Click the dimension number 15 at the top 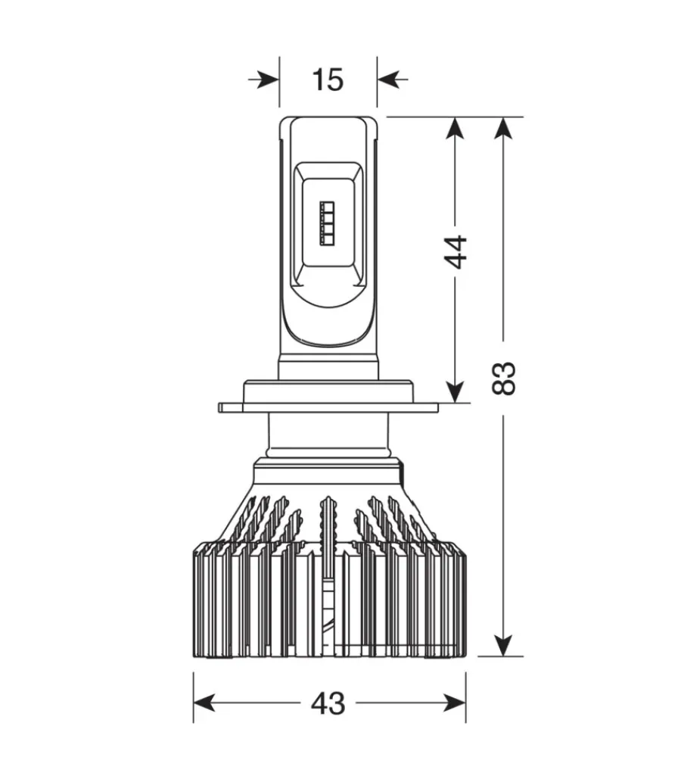pyautogui.click(x=328, y=79)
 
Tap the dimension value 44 pyautogui.click(x=455, y=251)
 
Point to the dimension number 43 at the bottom pyautogui.click(x=328, y=703)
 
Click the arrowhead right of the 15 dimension pyautogui.click(x=388, y=79)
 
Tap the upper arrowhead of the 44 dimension pyautogui.click(x=455, y=129)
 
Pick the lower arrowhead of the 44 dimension pyautogui.click(x=455, y=390)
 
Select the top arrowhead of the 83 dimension pyautogui.click(x=503, y=129)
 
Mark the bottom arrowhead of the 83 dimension pyautogui.click(x=503, y=643)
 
